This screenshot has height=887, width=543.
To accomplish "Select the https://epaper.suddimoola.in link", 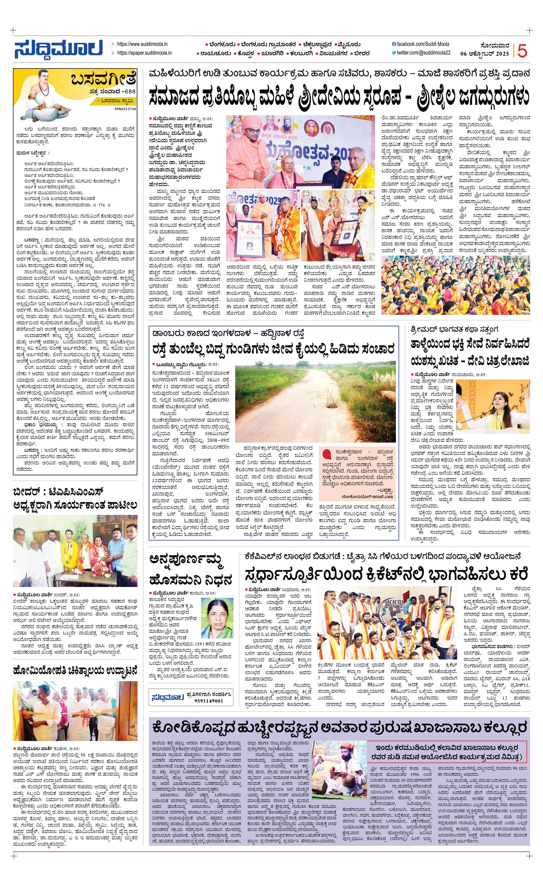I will [144, 53].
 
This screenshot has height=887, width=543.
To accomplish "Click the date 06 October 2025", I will [484, 54].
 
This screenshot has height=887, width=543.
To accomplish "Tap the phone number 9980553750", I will [125, 109].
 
